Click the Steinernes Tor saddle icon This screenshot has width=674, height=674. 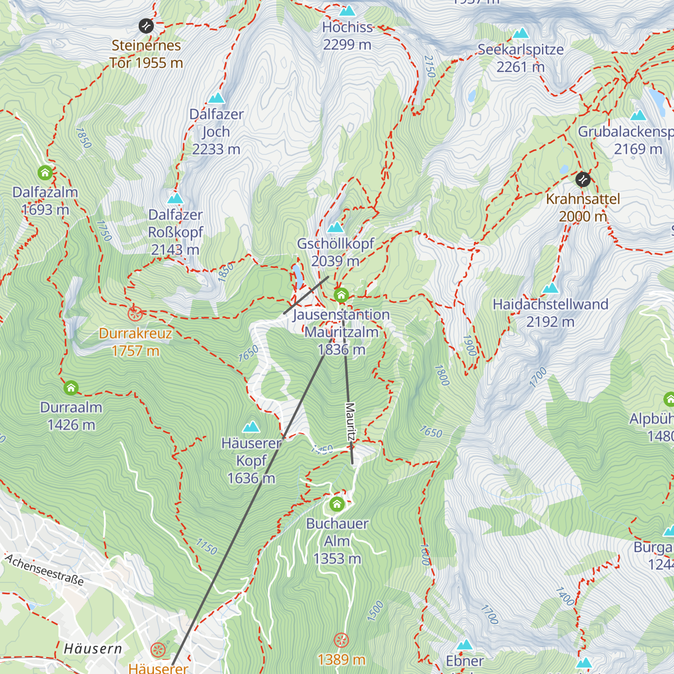pyautogui.click(x=146, y=25)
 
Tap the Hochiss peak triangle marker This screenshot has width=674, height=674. pyautogui.click(x=347, y=11)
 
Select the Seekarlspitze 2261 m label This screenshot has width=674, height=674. pyautogui.click(x=521, y=58)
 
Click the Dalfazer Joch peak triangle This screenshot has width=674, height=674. pyautogui.click(x=216, y=98)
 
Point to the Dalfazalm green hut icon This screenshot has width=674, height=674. pyautogui.click(x=45, y=172)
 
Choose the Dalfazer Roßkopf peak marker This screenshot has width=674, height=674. pyautogui.click(x=175, y=198)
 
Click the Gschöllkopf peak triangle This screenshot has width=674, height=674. pyautogui.click(x=335, y=227)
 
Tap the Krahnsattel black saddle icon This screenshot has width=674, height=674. pyautogui.click(x=583, y=179)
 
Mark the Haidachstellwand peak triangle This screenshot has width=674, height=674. pyautogui.click(x=550, y=288)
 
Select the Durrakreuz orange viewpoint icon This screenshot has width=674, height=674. pyautogui.click(x=134, y=313)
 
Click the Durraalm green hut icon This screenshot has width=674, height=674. pyautogui.click(x=71, y=388)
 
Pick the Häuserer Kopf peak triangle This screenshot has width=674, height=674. pyautogui.click(x=251, y=427)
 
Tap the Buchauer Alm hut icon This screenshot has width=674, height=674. pyautogui.click(x=337, y=504)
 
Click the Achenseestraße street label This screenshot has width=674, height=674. pyautogui.click(x=44, y=570)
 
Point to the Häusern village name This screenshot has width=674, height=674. pyautogui.click(x=93, y=649)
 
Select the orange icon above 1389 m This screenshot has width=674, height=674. pyautogui.click(x=341, y=640)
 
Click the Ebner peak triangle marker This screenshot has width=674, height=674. pyautogui.click(x=464, y=644)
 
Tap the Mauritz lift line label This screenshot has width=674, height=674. pyautogui.click(x=350, y=421)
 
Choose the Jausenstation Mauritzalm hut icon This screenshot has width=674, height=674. pyautogui.click(x=341, y=295)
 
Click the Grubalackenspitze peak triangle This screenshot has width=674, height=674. pyautogui.click(x=637, y=116)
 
